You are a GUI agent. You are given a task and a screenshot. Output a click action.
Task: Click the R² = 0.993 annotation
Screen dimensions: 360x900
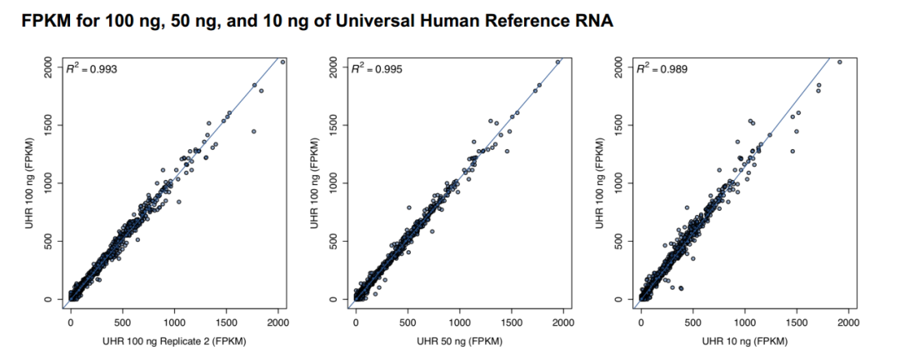[x=93, y=69]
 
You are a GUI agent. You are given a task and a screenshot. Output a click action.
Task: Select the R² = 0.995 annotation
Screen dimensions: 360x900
[x=378, y=69]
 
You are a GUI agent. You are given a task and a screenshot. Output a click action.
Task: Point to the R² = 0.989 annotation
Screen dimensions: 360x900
[x=663, y=69]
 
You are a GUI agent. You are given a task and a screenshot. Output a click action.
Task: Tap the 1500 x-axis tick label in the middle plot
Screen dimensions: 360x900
[x=512, y=322]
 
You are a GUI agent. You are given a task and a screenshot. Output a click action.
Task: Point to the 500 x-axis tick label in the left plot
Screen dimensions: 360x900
[x=122, y=322]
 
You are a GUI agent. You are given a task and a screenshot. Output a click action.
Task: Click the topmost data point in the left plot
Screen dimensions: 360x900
[x=282, y=62]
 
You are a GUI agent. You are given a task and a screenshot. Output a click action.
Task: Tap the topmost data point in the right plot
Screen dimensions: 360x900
[x=839, y=62]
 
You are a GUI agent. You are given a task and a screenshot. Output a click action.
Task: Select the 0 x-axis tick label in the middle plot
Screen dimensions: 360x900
[x=356, y=322]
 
